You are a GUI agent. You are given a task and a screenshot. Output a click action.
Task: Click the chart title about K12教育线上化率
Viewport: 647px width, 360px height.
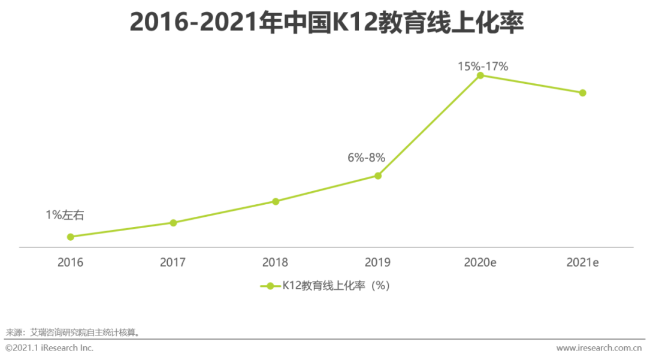pos(327,23)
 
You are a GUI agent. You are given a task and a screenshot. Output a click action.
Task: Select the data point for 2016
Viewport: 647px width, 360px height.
pos(71,237)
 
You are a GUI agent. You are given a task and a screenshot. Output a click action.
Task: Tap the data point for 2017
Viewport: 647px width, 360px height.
pos(173,223)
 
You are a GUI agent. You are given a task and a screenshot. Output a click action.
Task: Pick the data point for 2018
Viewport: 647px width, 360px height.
pos(276,201)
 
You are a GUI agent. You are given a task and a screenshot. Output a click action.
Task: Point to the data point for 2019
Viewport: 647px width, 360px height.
pos(378,176)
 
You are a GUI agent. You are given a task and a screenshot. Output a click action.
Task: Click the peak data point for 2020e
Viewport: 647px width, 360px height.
pos(480,75)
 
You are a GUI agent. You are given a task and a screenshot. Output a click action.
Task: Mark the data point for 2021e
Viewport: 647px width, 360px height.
pos(582,93)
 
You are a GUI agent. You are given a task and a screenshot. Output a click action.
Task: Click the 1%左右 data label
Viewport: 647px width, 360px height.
pos(65,215)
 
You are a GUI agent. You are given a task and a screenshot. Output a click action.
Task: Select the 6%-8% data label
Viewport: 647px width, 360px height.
pos(366,158)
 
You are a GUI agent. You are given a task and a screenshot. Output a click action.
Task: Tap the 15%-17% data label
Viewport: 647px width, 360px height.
pos(483,66)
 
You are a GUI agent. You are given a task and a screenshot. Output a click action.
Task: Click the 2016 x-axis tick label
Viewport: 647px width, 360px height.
pos(71,262)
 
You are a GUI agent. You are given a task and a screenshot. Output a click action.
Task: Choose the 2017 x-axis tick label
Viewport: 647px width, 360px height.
pos(173,262)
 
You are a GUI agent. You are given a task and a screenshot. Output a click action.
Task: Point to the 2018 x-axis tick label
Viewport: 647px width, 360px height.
pos(276,262)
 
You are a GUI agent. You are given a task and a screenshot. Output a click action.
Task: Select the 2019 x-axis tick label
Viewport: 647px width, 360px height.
pos(378,262)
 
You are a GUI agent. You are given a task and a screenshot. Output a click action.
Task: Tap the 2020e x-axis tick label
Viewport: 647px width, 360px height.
pos(480,262)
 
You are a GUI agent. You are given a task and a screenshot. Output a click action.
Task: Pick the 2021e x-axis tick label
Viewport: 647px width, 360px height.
pos(583,262)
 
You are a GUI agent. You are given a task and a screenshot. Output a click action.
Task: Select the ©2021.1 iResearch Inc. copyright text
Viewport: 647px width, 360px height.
pos(50,348)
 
